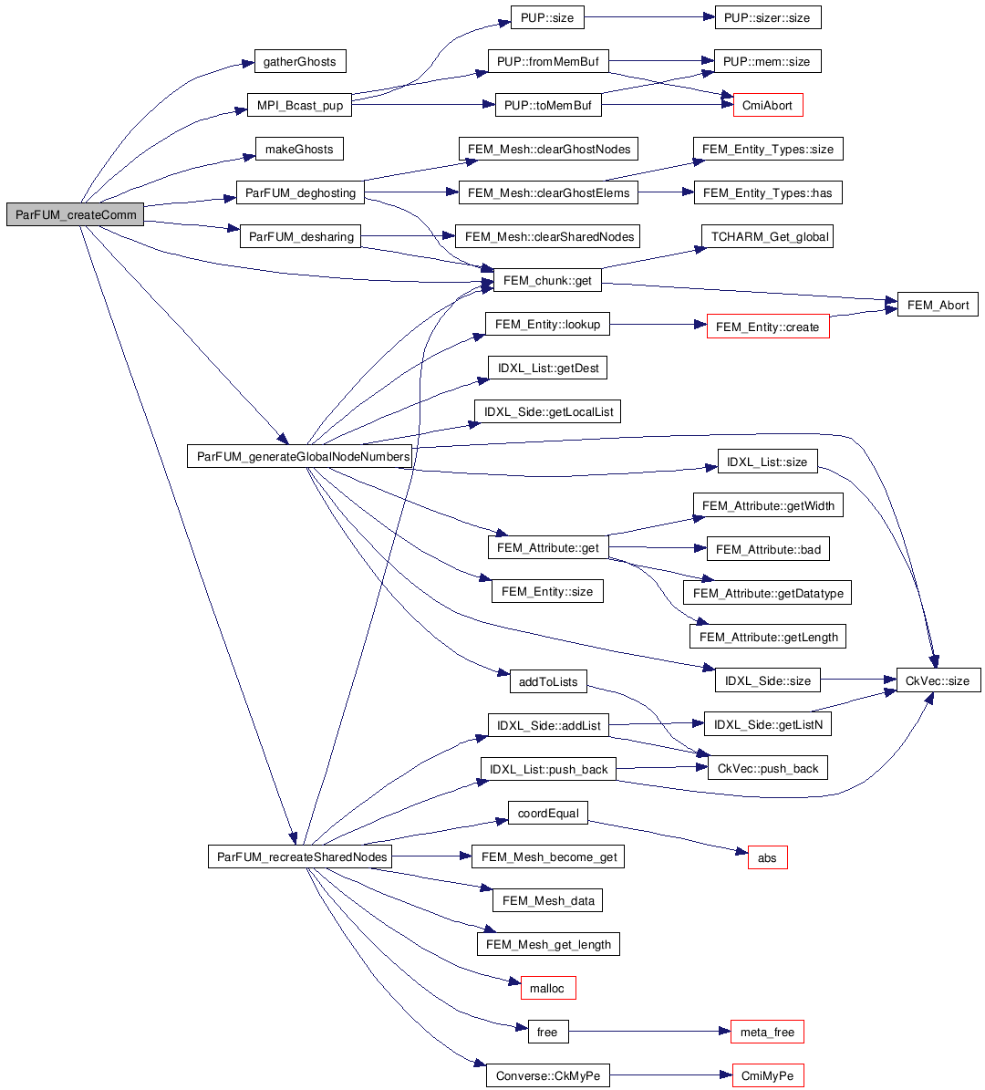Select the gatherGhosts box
[299, 62]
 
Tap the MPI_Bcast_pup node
[299, 106]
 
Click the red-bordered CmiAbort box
[768, 106]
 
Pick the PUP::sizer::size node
[767, 17]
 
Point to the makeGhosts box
[299, 150]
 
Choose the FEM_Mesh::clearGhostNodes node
[549, 150]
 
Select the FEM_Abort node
[938, 305]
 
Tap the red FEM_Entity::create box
[768, 327]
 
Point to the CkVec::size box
[938, 680]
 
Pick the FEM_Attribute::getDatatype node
[768, 593]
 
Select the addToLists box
[548, 681]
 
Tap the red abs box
[767, 857]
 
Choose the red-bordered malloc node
[547, 988]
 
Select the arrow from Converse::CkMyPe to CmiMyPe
[671, 1076]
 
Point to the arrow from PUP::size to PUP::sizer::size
[644, 17]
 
